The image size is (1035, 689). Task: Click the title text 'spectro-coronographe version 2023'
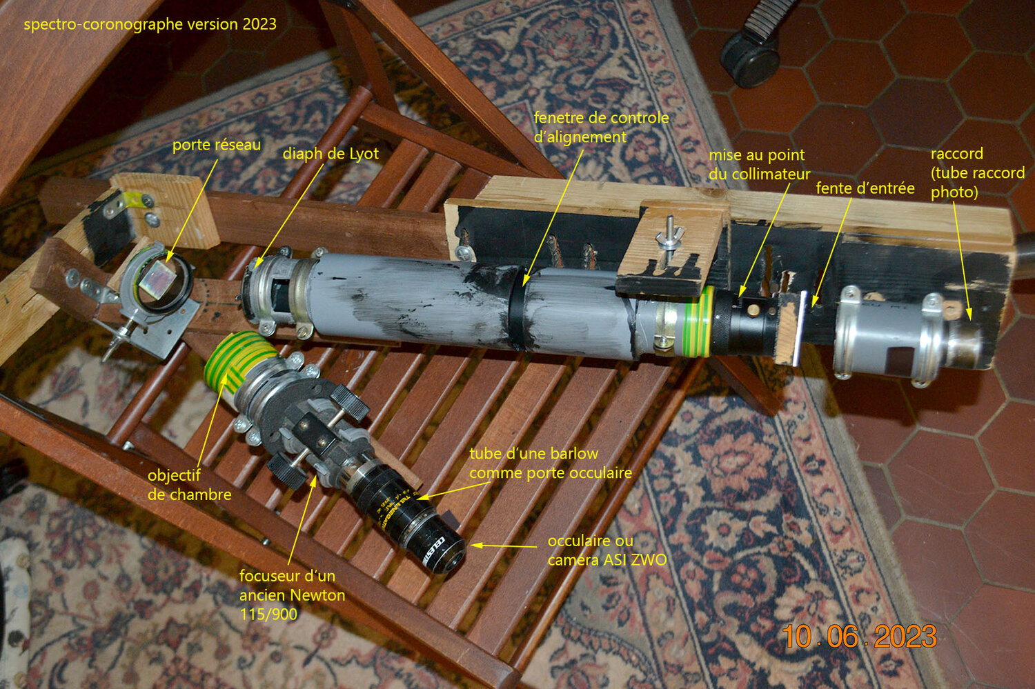click(150, 24)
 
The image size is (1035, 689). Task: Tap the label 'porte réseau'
click(217, 145)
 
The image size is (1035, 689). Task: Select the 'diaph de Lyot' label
click(331, 154)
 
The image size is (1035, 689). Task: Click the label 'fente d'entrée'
click(865, 188)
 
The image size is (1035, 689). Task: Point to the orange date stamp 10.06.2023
click(860, 637)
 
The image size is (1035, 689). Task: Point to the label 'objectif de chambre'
click(190, 485)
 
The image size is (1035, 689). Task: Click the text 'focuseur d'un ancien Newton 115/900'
click(292, 595)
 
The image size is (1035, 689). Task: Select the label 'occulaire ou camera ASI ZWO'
click(607, 550)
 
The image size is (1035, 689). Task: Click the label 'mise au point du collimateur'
click(760, 164)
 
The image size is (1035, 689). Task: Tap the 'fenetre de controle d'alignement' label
click(601, 128)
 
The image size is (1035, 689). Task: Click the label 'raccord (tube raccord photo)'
click(977, 172)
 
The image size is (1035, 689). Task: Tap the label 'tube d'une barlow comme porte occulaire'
click(551, 463)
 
